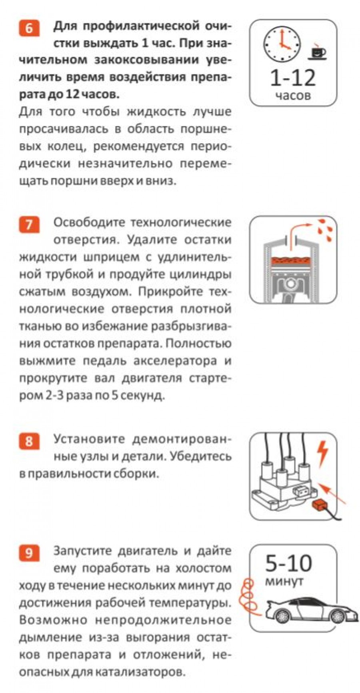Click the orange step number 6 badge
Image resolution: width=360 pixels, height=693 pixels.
point(29,29)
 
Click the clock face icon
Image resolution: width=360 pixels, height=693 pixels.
point(282,43)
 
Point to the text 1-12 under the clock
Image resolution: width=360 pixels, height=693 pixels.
point(293,78)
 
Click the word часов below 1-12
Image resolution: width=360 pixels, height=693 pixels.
point(293,96)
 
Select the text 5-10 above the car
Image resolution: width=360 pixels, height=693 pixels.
point(288,563)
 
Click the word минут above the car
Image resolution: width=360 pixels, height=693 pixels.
point(284,581)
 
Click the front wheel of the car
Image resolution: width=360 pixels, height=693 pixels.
point(340,615)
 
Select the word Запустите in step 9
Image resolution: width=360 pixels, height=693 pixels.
point(84,551)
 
